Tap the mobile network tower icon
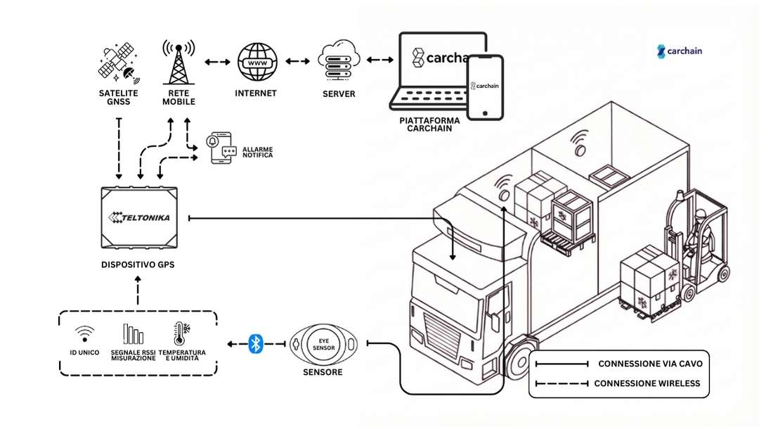(x=178, y=62)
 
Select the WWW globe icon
(x=257, y=63)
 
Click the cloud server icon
(x=339, y=63)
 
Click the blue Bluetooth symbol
(x=256, y=344)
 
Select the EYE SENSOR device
(x=323, y=344)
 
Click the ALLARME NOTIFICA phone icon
(x=221, y=148)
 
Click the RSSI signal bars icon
(x=133, y=334)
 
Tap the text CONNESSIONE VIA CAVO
(x=649, y=364)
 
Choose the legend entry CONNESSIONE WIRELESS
(x=647, y=383)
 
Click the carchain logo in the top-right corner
(x=680, y=51)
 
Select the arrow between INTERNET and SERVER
(x=298, y=62)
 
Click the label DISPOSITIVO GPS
(x=137, y=265)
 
